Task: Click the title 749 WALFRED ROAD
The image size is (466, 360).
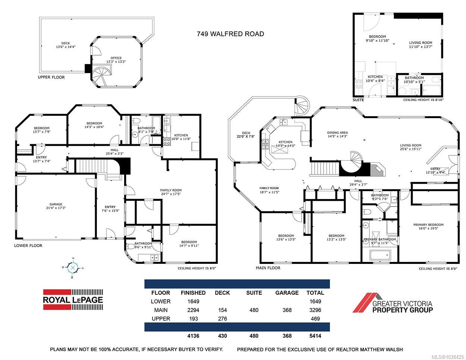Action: pos(230,34)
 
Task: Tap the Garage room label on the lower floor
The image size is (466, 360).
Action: pos(56,204)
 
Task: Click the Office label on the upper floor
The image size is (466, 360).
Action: pos(116,58)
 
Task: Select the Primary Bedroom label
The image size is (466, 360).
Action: pos(428,225)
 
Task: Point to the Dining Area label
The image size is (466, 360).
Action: pos(337,132)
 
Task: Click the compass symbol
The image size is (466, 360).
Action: pos(73,268)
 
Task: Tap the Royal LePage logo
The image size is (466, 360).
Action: pos(73,300)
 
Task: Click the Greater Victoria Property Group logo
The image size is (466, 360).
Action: pos(393,303)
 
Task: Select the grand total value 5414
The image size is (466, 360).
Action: pos(315,336)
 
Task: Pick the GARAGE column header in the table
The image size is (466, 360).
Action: pos(287,293)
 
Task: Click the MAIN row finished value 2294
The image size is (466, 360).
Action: pos(193,310)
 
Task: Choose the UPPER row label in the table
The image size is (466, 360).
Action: pos(161,319)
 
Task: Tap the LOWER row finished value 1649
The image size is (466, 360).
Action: pos(193,301)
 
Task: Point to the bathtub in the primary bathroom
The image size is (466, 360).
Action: pos(380,255)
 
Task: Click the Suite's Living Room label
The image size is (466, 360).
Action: pos(421,42)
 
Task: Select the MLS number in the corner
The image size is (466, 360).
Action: pos(451,357)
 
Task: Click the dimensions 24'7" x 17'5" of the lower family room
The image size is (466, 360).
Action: pos(171,194)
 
